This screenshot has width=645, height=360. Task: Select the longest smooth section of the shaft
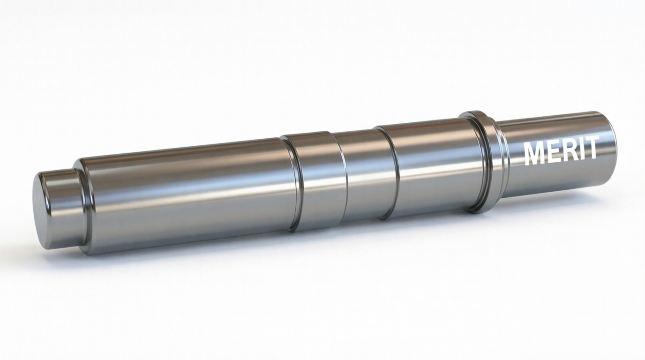tap(187, 192)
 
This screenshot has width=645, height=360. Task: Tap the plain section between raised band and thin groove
tap(363, 173)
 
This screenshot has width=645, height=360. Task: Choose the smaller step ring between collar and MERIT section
tap(503, 157)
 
